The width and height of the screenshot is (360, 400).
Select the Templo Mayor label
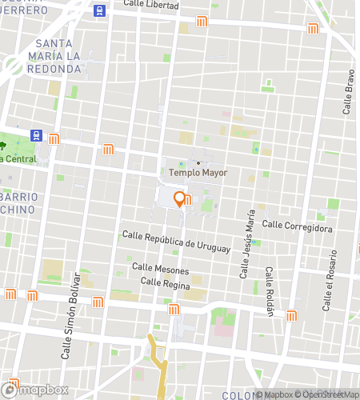click(x=198, y=172)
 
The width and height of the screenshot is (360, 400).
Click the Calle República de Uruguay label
click(x=176, y=242)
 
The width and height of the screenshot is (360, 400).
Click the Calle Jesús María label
click(x=246, y=245)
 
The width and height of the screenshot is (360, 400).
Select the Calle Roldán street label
click(x=270, y=292)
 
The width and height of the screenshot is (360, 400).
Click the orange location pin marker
click(x=180, y=199)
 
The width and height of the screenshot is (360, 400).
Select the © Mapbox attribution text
click(x=273, y=394)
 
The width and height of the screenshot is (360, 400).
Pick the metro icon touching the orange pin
click(x=187, y=200)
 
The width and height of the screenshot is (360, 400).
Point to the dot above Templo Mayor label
click(x=198, y=162)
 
